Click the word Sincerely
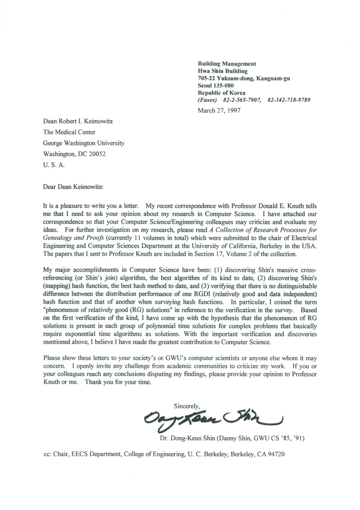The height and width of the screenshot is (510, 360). [188, 406]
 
